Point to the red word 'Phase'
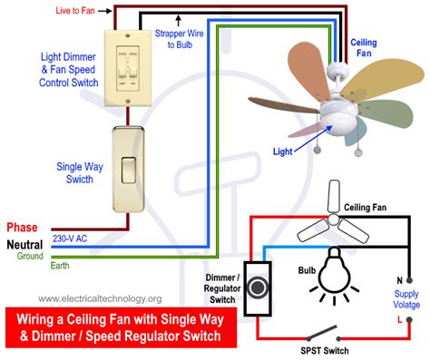(x=22, y=227)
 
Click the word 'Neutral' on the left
(x=24, y=244)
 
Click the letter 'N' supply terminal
(x=398, y=280)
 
